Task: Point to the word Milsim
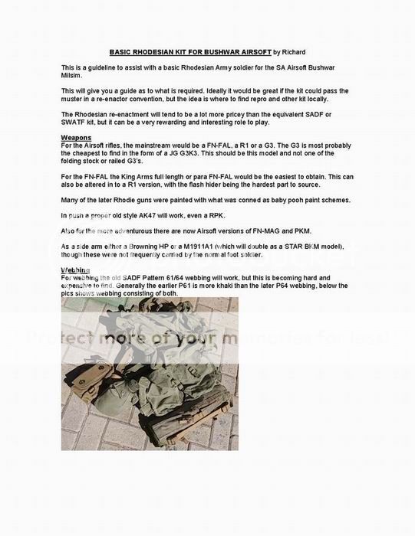72,77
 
